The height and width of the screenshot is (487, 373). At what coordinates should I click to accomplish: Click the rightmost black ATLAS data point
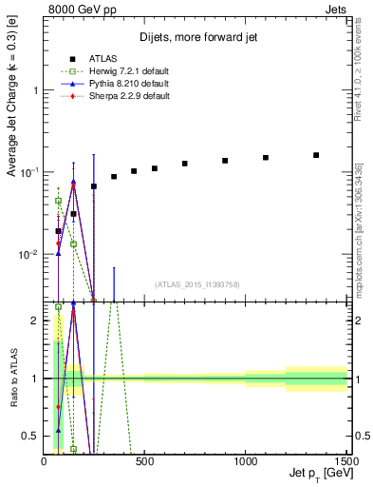(316, 155)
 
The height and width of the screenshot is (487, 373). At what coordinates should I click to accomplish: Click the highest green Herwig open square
(58, 201)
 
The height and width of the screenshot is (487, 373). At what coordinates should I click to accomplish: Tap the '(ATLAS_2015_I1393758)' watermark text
(196, 283)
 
